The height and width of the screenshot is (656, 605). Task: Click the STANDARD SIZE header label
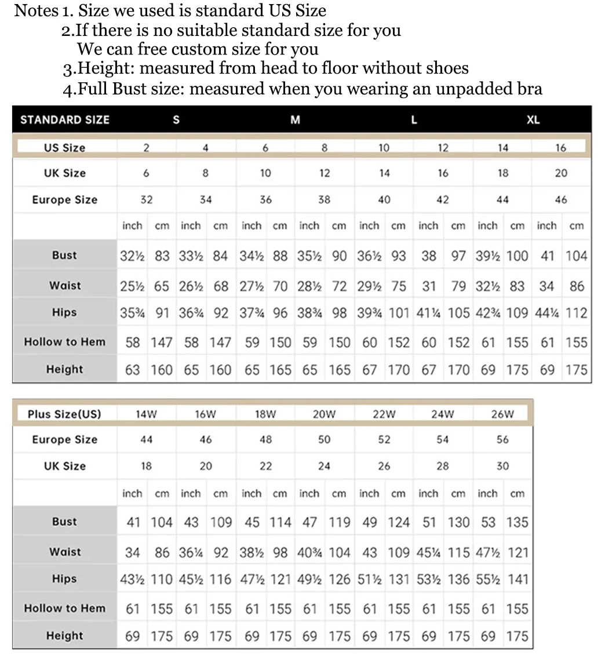[64, 120]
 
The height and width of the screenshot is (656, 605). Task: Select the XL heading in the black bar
[533, 120]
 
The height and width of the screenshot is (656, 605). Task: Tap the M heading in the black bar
[295, 120]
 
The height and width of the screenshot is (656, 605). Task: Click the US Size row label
[64, 148]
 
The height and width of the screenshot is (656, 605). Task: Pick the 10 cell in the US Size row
[384, 148]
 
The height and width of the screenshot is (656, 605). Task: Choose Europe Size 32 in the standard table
[147, 200]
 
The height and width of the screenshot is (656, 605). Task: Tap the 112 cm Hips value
[577, 313]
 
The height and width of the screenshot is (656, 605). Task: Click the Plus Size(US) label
[64, 414]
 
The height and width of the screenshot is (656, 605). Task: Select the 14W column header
[147, 414]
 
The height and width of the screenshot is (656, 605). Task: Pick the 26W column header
[502, 414]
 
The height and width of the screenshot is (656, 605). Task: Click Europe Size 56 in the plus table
[502, 440]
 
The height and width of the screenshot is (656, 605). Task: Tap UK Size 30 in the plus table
[502, 466]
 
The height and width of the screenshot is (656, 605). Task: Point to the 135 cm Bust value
[517, 522]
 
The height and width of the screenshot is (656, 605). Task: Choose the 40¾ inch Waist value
[311, 552]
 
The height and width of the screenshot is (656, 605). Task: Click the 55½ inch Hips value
[489, 580]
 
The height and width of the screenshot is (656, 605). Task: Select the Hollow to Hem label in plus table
[64, 608]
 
